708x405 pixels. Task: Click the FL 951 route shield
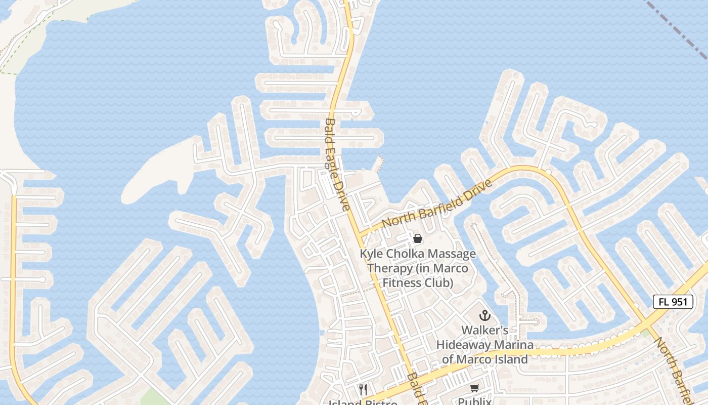[673, 302]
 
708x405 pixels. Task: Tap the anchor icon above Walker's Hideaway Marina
[485, 315]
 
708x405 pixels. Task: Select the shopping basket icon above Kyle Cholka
[418, 238]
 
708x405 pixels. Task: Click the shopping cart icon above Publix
[474, 388]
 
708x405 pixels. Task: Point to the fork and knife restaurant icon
[363, 389]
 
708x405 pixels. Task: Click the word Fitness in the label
[402, 282]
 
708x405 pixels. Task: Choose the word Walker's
[485, 331]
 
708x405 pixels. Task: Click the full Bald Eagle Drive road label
[337, 165]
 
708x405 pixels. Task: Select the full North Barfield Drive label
[437, 203]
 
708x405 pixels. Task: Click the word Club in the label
[442, 282]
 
